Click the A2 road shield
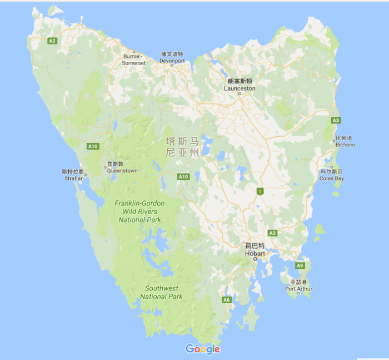coord(52,41)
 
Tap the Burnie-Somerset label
coord(134,60)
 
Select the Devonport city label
coord(172,57)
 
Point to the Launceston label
coord(240,85)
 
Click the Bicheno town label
coord(345,141)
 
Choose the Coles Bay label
coord(332,175)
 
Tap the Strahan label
coord(73,175)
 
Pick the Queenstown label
coord(122,167)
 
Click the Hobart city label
coord(255,250)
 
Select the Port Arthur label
coord(299,286)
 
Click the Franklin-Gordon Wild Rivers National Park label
coord(140,211)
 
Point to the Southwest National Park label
coord(162,292)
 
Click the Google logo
coord(203,349)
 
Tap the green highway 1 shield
coord(259,191)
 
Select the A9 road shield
coord(300,266)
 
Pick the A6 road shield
coord(226,300)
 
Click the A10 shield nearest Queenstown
coord(93,146)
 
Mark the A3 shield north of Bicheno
coord(336,120)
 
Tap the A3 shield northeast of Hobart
coord(272,233)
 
